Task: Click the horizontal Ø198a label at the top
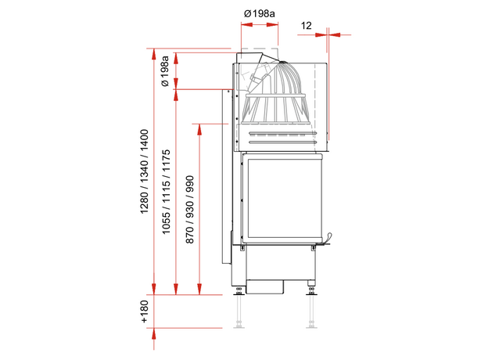pyautogui.click(x=260, y=14)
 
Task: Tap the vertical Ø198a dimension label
pyautogui.click(x=165, y=71)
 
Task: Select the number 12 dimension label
pyautogui.click(x=307, y=26)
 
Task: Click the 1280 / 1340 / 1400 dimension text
pyautogui.click(x=145, y=171)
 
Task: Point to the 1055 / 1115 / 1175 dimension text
pyautogui.click(x=167, y=192)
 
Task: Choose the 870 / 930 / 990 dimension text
pyautogui.click(x=189, y=210)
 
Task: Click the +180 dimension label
pyautogui.click(x=145, y=311)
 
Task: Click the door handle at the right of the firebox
pyautogui.click(x=327, y=239)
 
